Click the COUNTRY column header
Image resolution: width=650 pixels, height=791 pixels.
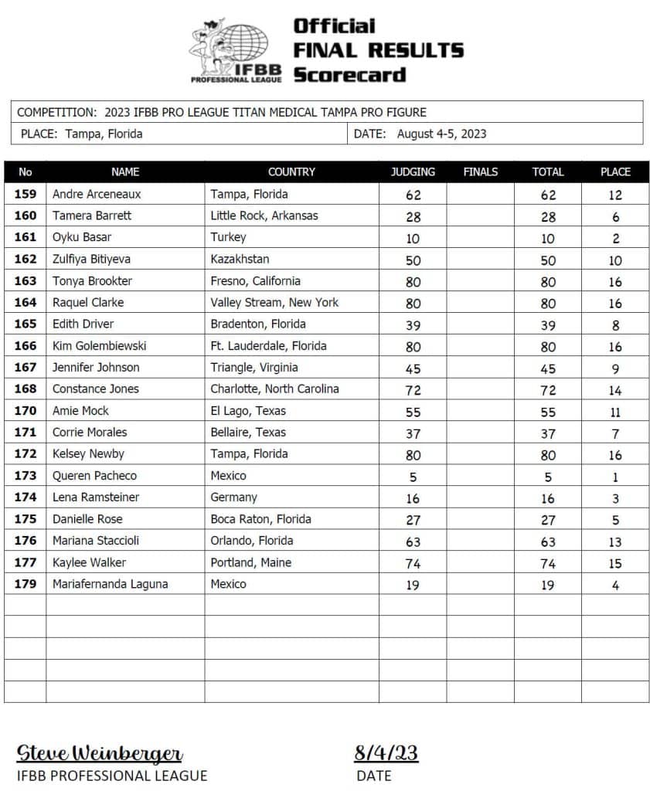pos(291,172)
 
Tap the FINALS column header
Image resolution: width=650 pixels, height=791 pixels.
pos(480,172)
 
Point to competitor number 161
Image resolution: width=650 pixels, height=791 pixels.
pos(26,238)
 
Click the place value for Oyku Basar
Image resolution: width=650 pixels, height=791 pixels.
pos(615,239)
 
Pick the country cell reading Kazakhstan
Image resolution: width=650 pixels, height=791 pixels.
pos(240,260)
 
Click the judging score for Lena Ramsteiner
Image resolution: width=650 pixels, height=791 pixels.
pos(413,498)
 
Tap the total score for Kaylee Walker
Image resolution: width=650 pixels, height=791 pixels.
pos(547,563)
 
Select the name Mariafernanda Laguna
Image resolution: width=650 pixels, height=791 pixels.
pos(110,584)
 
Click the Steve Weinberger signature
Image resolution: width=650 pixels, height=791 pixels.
pos(100,753)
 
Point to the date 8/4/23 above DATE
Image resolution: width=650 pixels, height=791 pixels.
pos(386,753)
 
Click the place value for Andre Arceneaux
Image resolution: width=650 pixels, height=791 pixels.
pos(615,195)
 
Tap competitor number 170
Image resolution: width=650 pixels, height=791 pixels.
pos(26,411)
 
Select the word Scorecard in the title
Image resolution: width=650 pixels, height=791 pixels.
pos(349,75)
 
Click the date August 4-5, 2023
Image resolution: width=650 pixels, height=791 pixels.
pos(441,134)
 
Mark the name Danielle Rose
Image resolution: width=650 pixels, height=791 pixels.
pos(87,519)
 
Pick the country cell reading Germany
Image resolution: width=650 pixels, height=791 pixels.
pos(233,497)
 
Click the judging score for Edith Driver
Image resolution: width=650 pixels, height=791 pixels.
pos(413,325)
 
